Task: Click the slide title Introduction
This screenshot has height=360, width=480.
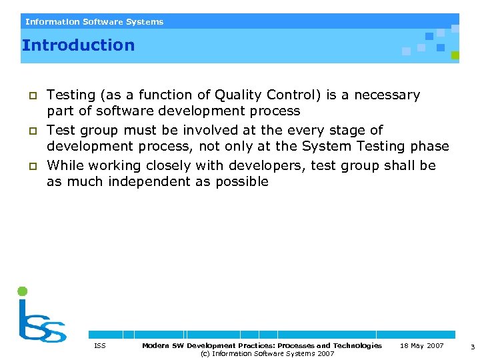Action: (78, 45)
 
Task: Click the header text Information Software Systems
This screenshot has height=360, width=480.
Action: (94, 22)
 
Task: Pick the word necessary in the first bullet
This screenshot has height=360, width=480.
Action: (387, 95)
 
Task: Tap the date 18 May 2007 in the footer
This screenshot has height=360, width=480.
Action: (421, 345)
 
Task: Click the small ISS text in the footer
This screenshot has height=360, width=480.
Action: (99, 345)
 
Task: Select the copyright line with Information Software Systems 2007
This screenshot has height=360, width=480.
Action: (267, 353)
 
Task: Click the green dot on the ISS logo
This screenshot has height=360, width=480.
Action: (23, 291)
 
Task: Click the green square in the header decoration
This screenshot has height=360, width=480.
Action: (455, 55)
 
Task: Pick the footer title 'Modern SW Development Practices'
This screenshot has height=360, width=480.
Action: (262, 345)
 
